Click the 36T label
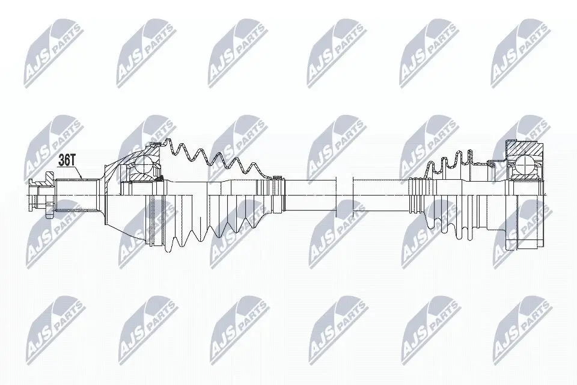click(67, 160)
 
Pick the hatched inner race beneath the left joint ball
click(142, 178)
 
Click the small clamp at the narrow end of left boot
click(277, 177)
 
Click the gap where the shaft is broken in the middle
click(343, 193)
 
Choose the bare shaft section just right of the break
click(379, 193)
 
